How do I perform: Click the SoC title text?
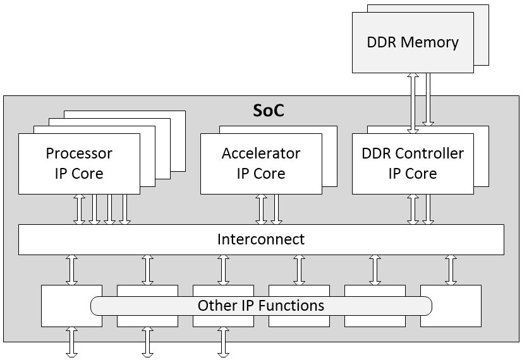[x=269, y=111]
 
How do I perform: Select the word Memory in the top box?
[x=429, y=43]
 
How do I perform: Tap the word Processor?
[x=79, y=153]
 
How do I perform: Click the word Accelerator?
[x=261, y=153]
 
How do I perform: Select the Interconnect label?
[x=261, y=239]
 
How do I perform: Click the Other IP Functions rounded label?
[x=261, y=306]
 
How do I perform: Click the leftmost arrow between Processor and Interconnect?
[x=79, y=209]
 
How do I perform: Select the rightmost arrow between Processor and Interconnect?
[x=124, y=209]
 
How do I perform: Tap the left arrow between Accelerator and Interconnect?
[x=261, y=209]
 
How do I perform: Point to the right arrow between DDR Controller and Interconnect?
[x=428, y=209]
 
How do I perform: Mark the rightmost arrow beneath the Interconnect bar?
[x=451, y=270]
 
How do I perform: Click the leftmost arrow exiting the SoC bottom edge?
[x=71, y=342]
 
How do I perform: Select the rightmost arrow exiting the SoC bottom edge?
[x=223, y=342]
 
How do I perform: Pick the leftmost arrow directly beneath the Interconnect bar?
[x=71, y=270]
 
